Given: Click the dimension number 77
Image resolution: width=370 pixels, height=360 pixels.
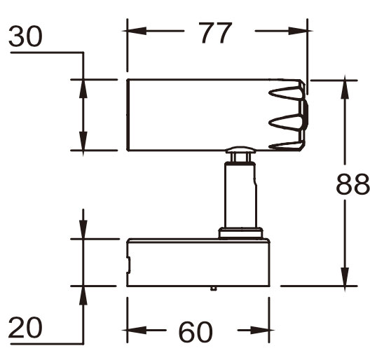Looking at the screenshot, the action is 215,33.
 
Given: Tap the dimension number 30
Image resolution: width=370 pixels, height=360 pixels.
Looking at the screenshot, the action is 25,36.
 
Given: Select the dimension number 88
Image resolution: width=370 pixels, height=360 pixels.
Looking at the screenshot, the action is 352,184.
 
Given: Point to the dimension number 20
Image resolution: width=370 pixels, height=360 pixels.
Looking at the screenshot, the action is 25,327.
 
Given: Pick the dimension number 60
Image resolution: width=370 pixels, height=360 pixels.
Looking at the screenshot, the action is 196,331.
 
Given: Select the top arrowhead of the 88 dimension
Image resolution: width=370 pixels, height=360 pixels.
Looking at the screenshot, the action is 345,87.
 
